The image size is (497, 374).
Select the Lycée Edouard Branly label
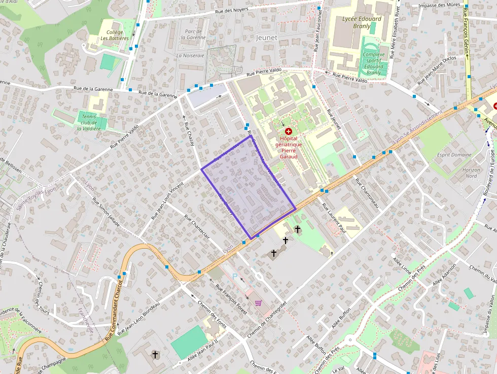click(362, 22)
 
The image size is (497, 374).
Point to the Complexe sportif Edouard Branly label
click(374, 63)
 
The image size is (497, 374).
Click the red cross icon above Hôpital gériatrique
click(289, 131)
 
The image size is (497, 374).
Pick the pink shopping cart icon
click(259, 303)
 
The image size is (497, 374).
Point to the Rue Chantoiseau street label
click(367, 192)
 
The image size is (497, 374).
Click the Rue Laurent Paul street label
click(334, 219)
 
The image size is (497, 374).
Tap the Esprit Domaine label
click(454, 155)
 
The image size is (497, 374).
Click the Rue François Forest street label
click(231, 299)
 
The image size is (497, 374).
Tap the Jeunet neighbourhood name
click(267, 38)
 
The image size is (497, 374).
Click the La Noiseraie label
click(190, 55)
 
